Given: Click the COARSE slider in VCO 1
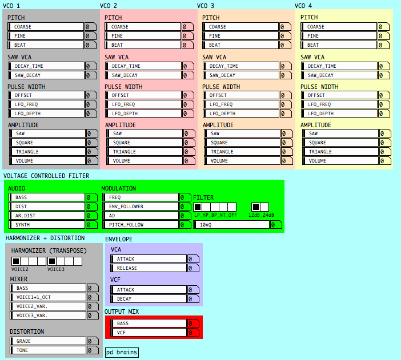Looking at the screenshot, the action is tap(46, 27).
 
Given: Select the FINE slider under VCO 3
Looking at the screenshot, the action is tap(240, 36).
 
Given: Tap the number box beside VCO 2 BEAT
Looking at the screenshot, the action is tap(187, 45).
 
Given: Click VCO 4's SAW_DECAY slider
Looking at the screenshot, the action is tap(339, 75).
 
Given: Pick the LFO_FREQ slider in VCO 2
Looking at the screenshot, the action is tap(143, 104).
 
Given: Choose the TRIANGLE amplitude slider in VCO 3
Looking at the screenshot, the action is tap(242, 152).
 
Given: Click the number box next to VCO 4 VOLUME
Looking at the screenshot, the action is tap(385, 161).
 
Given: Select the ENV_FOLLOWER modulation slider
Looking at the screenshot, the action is tap(141, 206).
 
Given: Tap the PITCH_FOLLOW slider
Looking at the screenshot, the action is tap(141, 225).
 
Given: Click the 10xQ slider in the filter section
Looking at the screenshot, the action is tap(231, 225).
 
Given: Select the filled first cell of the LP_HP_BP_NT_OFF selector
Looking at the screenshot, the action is tap(198, 207).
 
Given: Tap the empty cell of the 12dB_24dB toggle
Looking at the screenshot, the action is tap(264, 207).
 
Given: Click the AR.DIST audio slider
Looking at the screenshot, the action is tap(47, 216).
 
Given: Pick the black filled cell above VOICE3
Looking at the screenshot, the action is tap(52, 261).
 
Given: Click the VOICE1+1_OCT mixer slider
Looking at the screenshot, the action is tap(48, 297).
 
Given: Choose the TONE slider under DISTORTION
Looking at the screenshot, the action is tap(48, 350).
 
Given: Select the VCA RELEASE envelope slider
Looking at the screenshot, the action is tap(149, 268).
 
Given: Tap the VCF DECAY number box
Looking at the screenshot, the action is tap(193, 299).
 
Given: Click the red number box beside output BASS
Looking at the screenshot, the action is tap(193, 323).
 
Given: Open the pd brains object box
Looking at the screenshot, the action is tap(122, 353).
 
